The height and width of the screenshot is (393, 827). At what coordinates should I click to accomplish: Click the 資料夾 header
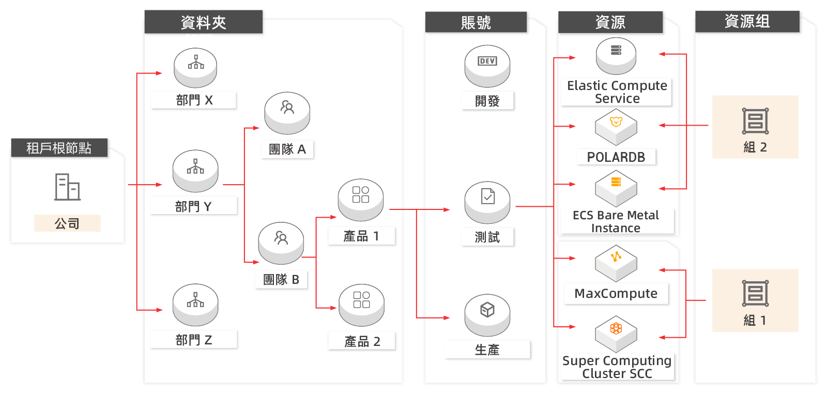click(x=204, y=22)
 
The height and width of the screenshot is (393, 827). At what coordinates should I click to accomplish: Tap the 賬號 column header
click(x=476, y=22)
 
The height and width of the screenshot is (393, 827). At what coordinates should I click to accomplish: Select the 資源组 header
click(x=747, y=21)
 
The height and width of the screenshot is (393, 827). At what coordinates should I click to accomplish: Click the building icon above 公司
click(x=67, y=187)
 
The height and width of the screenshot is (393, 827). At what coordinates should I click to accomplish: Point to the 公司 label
click(x=67, y=223)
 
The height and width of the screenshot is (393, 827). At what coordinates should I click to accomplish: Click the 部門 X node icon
click(x=195, y=68)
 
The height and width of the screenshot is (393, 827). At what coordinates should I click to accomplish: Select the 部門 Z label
click(x=193, y=340)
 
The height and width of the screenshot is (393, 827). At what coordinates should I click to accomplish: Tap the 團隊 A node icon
click(x=287, y=113)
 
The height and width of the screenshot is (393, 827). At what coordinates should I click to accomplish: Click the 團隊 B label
click(x=281, y=280)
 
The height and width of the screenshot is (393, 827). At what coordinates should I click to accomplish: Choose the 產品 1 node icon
click(x=361, y=200)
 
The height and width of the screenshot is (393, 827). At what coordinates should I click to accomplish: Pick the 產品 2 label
click(x=362, y=341)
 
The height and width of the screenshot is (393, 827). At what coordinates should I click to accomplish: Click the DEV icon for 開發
click(x=487, y=61)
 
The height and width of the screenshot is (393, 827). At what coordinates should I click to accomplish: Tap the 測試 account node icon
click(x=487, y=202)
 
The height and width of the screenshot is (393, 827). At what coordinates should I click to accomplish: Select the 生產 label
click(x=487, y=350)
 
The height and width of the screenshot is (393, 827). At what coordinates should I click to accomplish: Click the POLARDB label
click(x=616, y=157)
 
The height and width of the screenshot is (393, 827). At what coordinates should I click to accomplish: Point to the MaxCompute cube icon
click(x=616, y=263)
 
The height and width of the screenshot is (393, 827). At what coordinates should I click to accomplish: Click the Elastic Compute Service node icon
click(x=616, y=56)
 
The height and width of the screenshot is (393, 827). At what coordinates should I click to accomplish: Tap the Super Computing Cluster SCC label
click(x=617, y=367)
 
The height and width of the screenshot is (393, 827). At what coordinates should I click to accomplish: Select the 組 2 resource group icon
click(x=755, y=121)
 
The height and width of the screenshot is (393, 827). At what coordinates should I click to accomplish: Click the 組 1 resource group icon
click(x=755, y=293)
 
